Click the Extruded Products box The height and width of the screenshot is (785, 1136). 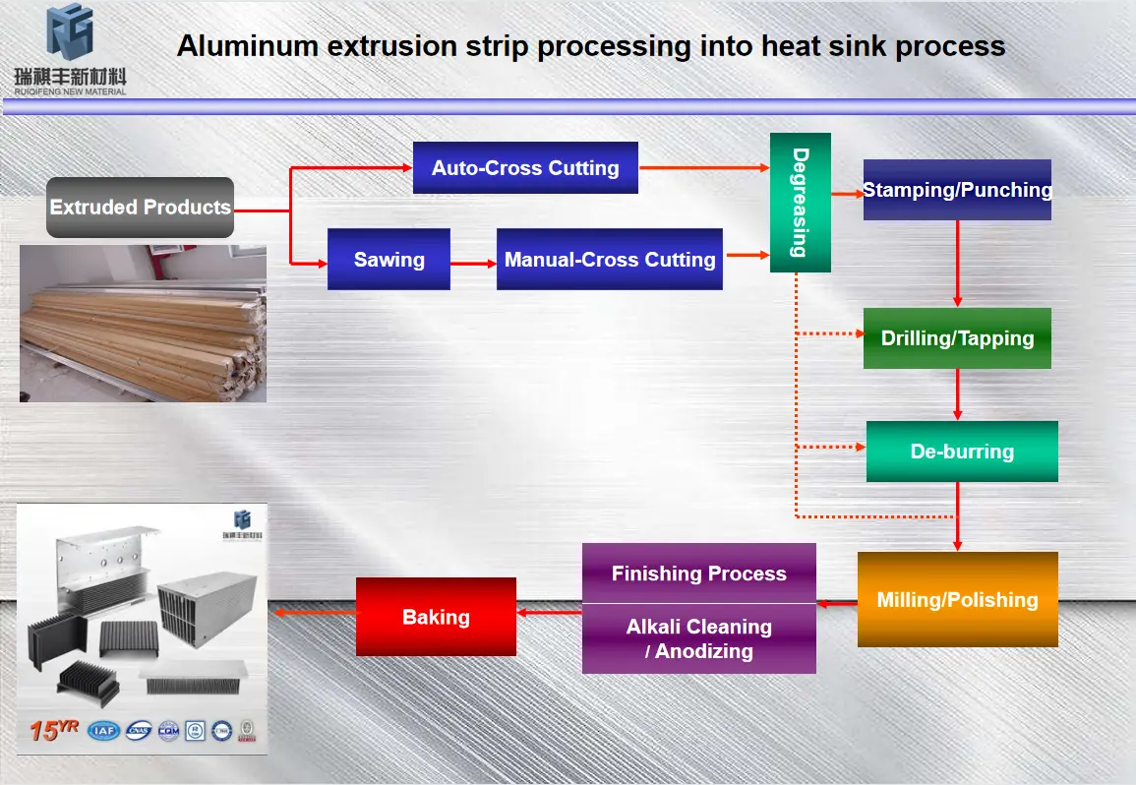[140, 208]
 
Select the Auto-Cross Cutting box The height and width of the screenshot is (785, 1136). [525, 167]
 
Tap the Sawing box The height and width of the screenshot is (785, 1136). [389, 260]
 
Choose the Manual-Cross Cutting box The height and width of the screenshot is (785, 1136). [609, 260]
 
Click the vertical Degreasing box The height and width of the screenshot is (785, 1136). [800, 203]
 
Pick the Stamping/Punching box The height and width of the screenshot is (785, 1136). [957, 190]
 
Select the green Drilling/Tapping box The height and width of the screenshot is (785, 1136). [957, 338]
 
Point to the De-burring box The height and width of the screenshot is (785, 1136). [962, 452]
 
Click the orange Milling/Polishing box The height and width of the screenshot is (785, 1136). [957, 599]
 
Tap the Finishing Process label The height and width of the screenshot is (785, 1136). [698, 574]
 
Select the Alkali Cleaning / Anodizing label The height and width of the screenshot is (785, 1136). [698, 638]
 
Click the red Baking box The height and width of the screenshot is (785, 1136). [436, 617]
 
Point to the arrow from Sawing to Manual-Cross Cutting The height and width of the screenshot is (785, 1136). [473, 264]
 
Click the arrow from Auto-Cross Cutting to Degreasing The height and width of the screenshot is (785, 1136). [703, 168]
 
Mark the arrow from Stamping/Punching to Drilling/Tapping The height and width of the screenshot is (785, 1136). [958, 264]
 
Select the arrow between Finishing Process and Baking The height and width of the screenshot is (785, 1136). [549, 613]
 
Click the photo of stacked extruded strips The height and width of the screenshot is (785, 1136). [143, 323]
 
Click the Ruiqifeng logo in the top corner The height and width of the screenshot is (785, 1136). [70, 49]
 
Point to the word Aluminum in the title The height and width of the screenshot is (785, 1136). [235, 46]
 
